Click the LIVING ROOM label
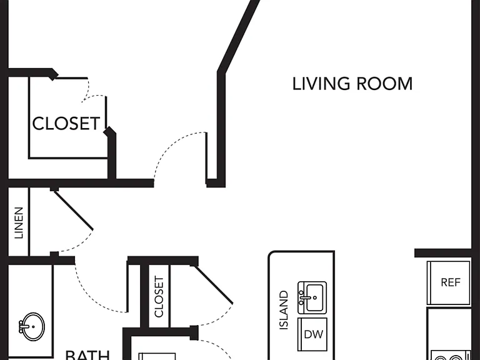pos(352,84)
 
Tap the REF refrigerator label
pos(451,282)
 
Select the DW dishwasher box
pos(312,334)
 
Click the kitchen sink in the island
pos(312,298)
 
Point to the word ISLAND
pos(284,310)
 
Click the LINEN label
pos(19,223)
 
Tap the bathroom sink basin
pos(33,327)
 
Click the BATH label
pos(87,355)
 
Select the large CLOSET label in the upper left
pos(66,123)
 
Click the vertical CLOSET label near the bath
pos(159,297)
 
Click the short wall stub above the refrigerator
pos(442,253)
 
